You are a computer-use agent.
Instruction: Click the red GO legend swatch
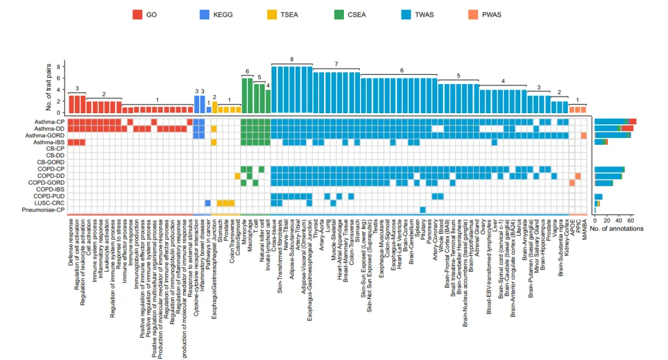[137, 14]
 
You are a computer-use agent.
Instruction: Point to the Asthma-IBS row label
[48, 142]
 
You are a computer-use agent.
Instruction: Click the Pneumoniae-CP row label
[42, 210]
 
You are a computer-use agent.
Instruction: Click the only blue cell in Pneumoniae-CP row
[423, 210]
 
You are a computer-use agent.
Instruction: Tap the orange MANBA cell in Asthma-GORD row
[583, 135]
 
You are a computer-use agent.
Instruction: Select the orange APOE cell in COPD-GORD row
[572, 182]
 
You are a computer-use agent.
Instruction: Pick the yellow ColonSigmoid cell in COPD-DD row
[238, 176]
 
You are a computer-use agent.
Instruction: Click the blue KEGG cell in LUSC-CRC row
[208, 203]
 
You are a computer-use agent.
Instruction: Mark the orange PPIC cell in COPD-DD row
[578, 176]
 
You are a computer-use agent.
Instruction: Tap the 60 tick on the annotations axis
[631, 220]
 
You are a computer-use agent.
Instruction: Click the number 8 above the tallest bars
[291, 59]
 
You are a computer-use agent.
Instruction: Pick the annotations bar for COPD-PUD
[598, 196]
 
